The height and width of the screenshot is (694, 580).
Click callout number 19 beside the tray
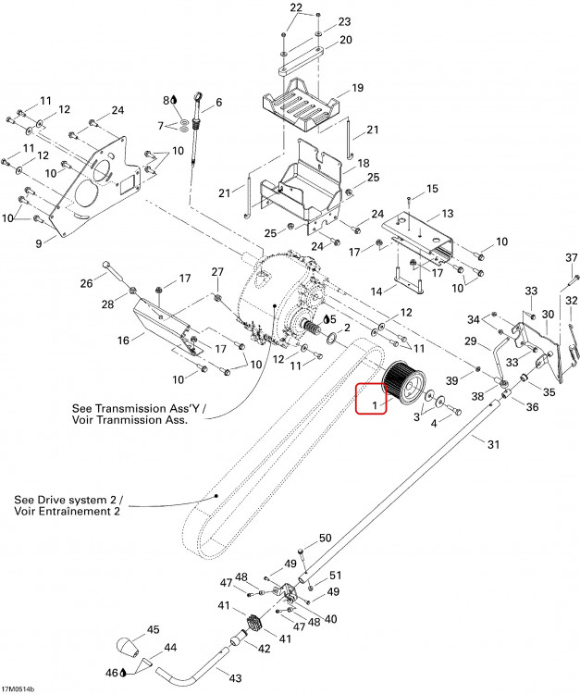coord(357,88)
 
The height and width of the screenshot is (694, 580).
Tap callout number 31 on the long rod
coord(493,444)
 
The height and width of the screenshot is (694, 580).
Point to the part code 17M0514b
coord(18,689)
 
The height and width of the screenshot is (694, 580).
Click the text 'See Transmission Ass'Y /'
coord(139,408)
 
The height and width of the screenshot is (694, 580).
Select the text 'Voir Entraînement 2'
coord(67,512)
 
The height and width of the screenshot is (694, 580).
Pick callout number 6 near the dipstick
coord(218,102)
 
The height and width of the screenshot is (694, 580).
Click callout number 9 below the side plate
coord(39,243)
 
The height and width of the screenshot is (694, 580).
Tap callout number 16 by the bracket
coord(123,340)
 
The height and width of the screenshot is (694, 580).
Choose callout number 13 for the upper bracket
coord(448,214)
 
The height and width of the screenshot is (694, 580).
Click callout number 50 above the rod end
coord(326,538)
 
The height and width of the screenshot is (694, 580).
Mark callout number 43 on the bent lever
coord(235,678)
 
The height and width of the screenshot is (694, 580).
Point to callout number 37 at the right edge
coord(571,257)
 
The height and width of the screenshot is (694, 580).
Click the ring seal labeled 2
coord(331,339)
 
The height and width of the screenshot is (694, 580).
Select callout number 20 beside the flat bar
coord(346,40)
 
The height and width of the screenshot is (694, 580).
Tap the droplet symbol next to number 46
coord(123,674)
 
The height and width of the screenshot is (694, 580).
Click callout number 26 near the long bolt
coord(86,283)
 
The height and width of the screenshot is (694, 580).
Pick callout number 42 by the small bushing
coord(264,649)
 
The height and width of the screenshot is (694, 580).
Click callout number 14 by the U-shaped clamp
coord(376,291)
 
